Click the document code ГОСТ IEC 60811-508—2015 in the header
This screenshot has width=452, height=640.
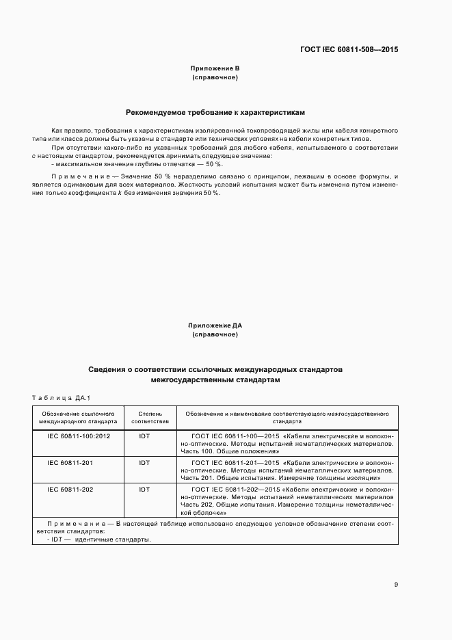[349, 50]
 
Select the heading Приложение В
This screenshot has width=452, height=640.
[215, 69]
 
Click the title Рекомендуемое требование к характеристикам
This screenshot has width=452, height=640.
[215, 111]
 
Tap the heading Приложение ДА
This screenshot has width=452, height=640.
[215, 325]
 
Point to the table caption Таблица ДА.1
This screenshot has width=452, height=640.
[56, 398]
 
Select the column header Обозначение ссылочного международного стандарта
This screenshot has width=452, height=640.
[78, 418]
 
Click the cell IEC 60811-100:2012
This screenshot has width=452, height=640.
[78, 434]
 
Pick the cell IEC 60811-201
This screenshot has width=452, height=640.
[70, 463]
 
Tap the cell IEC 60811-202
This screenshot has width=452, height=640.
[70, 490]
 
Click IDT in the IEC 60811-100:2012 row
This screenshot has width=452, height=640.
[144, 434]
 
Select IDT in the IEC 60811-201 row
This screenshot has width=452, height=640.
[144, 463]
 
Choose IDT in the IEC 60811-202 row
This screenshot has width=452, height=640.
[144, 490]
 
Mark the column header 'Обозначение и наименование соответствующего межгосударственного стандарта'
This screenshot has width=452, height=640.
[287, 418]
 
